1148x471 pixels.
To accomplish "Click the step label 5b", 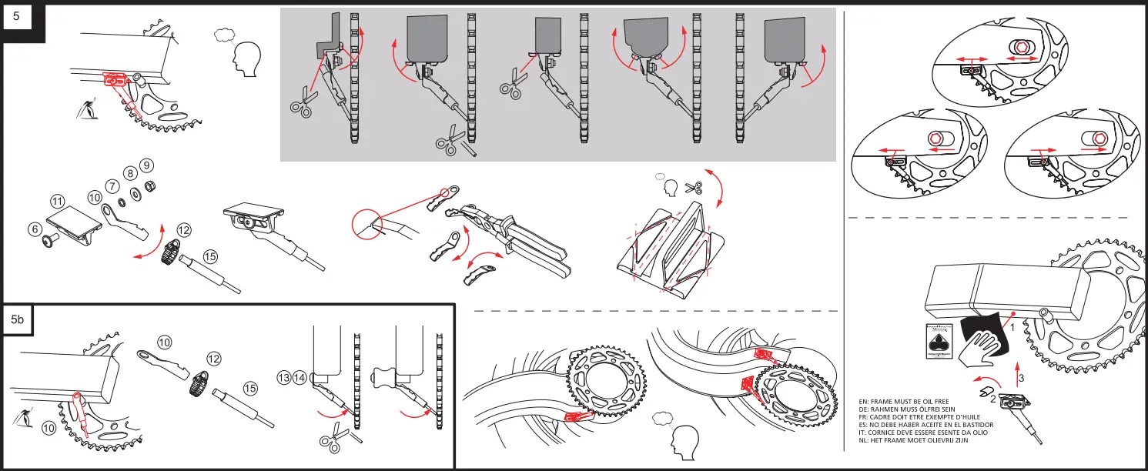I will pyautogui.click(x=18, y=322).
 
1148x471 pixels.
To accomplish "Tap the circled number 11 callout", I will pyautogui.click(x=57, y=201).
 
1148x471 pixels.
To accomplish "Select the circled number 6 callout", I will pyautogui.click(x=35, y=229).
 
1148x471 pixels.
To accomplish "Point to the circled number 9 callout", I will pyautogui.click(x=147, y=165).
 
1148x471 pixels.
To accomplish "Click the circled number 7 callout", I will pyautogui.click(x=112, y=186).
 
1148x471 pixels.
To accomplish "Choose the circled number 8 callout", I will pyautogui.click(x=131, y=174).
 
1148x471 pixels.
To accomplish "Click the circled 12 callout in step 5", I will pyautogui.click(x=183, y=230).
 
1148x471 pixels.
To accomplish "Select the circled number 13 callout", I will pyautogui.click(x=284, y=378).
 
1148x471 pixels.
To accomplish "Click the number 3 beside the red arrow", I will pyautogui.click(x=1021, y=379).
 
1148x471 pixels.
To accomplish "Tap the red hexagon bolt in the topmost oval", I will pyautogui.click(x=1022, y=47).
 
